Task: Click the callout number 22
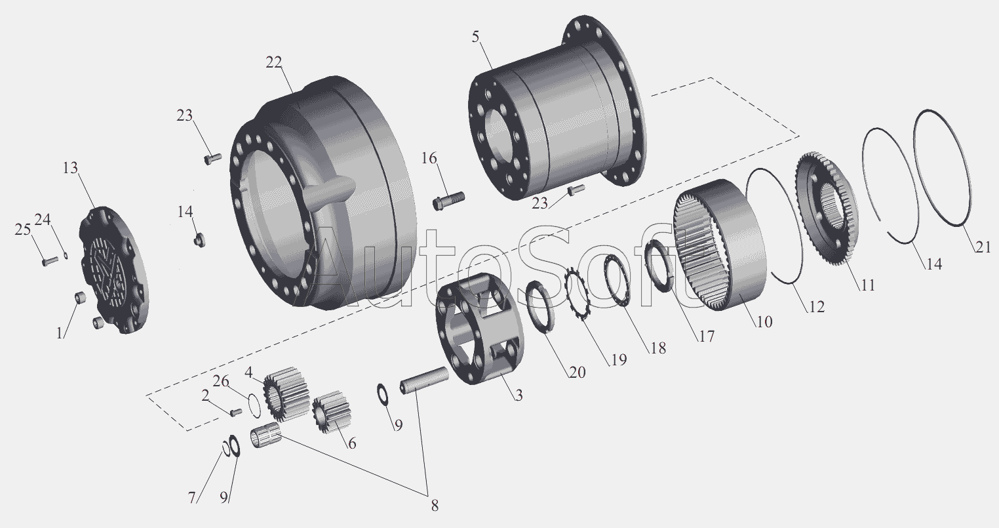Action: [x=274, y=62]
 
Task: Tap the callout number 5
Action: [x=475, y=37]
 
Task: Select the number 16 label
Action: [x=429, y=158]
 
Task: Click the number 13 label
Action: [x=70, y=169]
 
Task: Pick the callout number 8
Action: [x=433, y=506]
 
